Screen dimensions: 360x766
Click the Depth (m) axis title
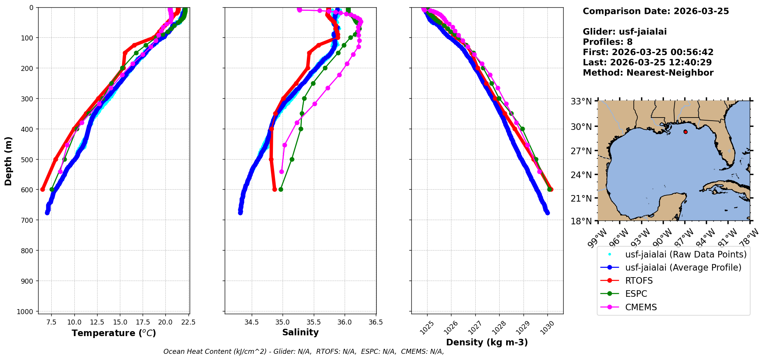coord(8,161)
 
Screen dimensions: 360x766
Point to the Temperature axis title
coord(114,333)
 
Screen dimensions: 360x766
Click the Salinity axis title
coord(300,332)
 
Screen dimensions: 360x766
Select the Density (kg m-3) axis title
coord(487,342)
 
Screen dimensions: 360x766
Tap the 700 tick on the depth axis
coord(28,220)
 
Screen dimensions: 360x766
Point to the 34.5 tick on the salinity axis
coord(251,322)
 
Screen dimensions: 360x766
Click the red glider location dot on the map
coord(685,132)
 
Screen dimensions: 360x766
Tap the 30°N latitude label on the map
coord(581,126)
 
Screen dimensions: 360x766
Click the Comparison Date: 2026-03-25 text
coord(656,11)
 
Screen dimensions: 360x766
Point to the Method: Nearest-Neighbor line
coord(648,72)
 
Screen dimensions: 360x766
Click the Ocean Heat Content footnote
coord(303,352)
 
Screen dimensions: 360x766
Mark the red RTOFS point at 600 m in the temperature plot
coord(42,189)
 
